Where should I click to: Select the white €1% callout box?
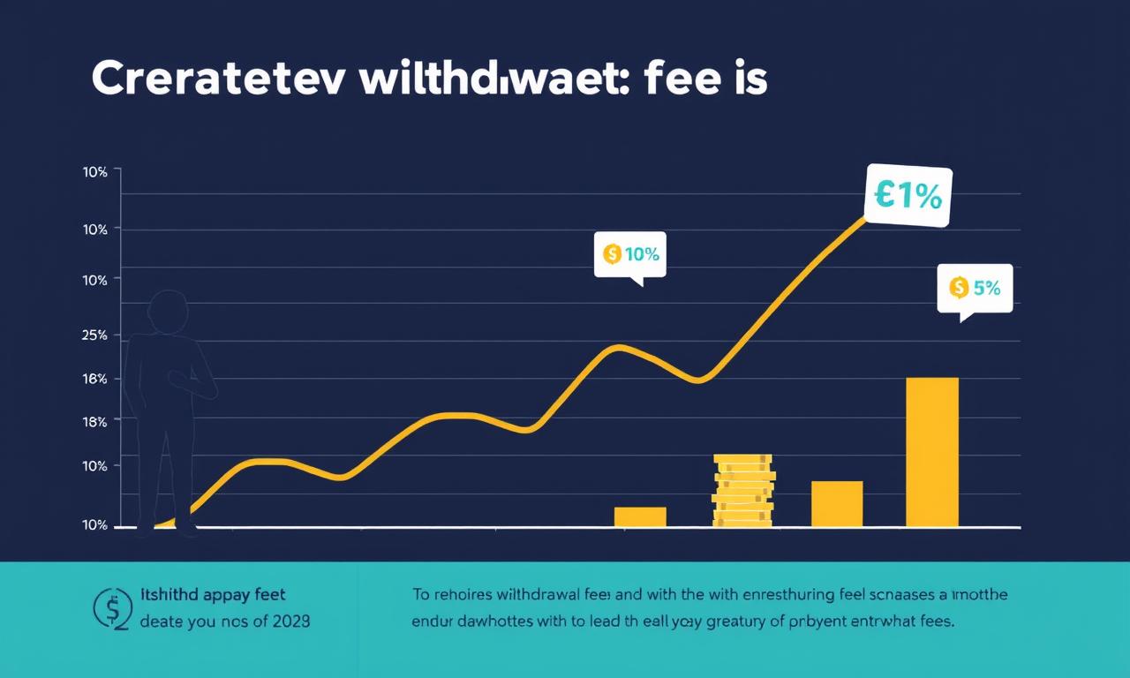tap(909, 196)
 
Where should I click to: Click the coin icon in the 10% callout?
tap(611, 254)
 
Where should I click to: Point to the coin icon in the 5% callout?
tap(958, 287)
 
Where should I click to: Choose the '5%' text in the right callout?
tap(987, 287)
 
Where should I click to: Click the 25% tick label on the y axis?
tap(94, 335)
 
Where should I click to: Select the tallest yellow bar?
tap(932, 452)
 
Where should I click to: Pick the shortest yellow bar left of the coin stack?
tap(640, 517)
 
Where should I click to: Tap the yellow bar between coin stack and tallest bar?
tap(837, 504)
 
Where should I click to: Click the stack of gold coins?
tap(743, 491)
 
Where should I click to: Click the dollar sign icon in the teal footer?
tap(113, 608)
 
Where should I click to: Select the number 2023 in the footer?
tap(290, 621)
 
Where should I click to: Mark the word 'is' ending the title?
tap(748, 79)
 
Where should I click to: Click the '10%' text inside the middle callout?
tap(642, 254)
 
